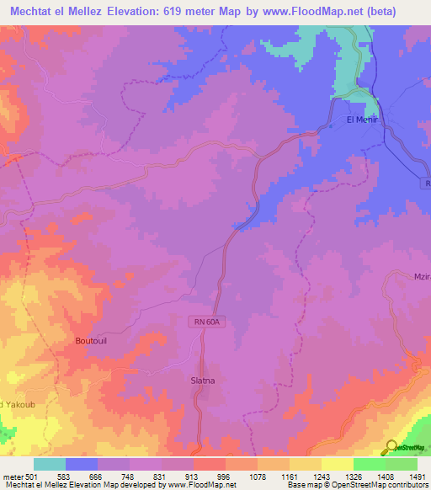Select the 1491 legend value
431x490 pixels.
pos(418,477)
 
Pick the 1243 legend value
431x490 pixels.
pos(321,477)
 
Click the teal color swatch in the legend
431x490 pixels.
pos(49,464)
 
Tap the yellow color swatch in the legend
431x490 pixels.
pos(337,464)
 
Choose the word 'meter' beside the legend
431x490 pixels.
pos(13,477)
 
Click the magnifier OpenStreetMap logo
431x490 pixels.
pos(391,447)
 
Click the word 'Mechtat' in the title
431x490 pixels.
pos(34,9)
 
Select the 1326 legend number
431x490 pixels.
pos(353,477)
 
